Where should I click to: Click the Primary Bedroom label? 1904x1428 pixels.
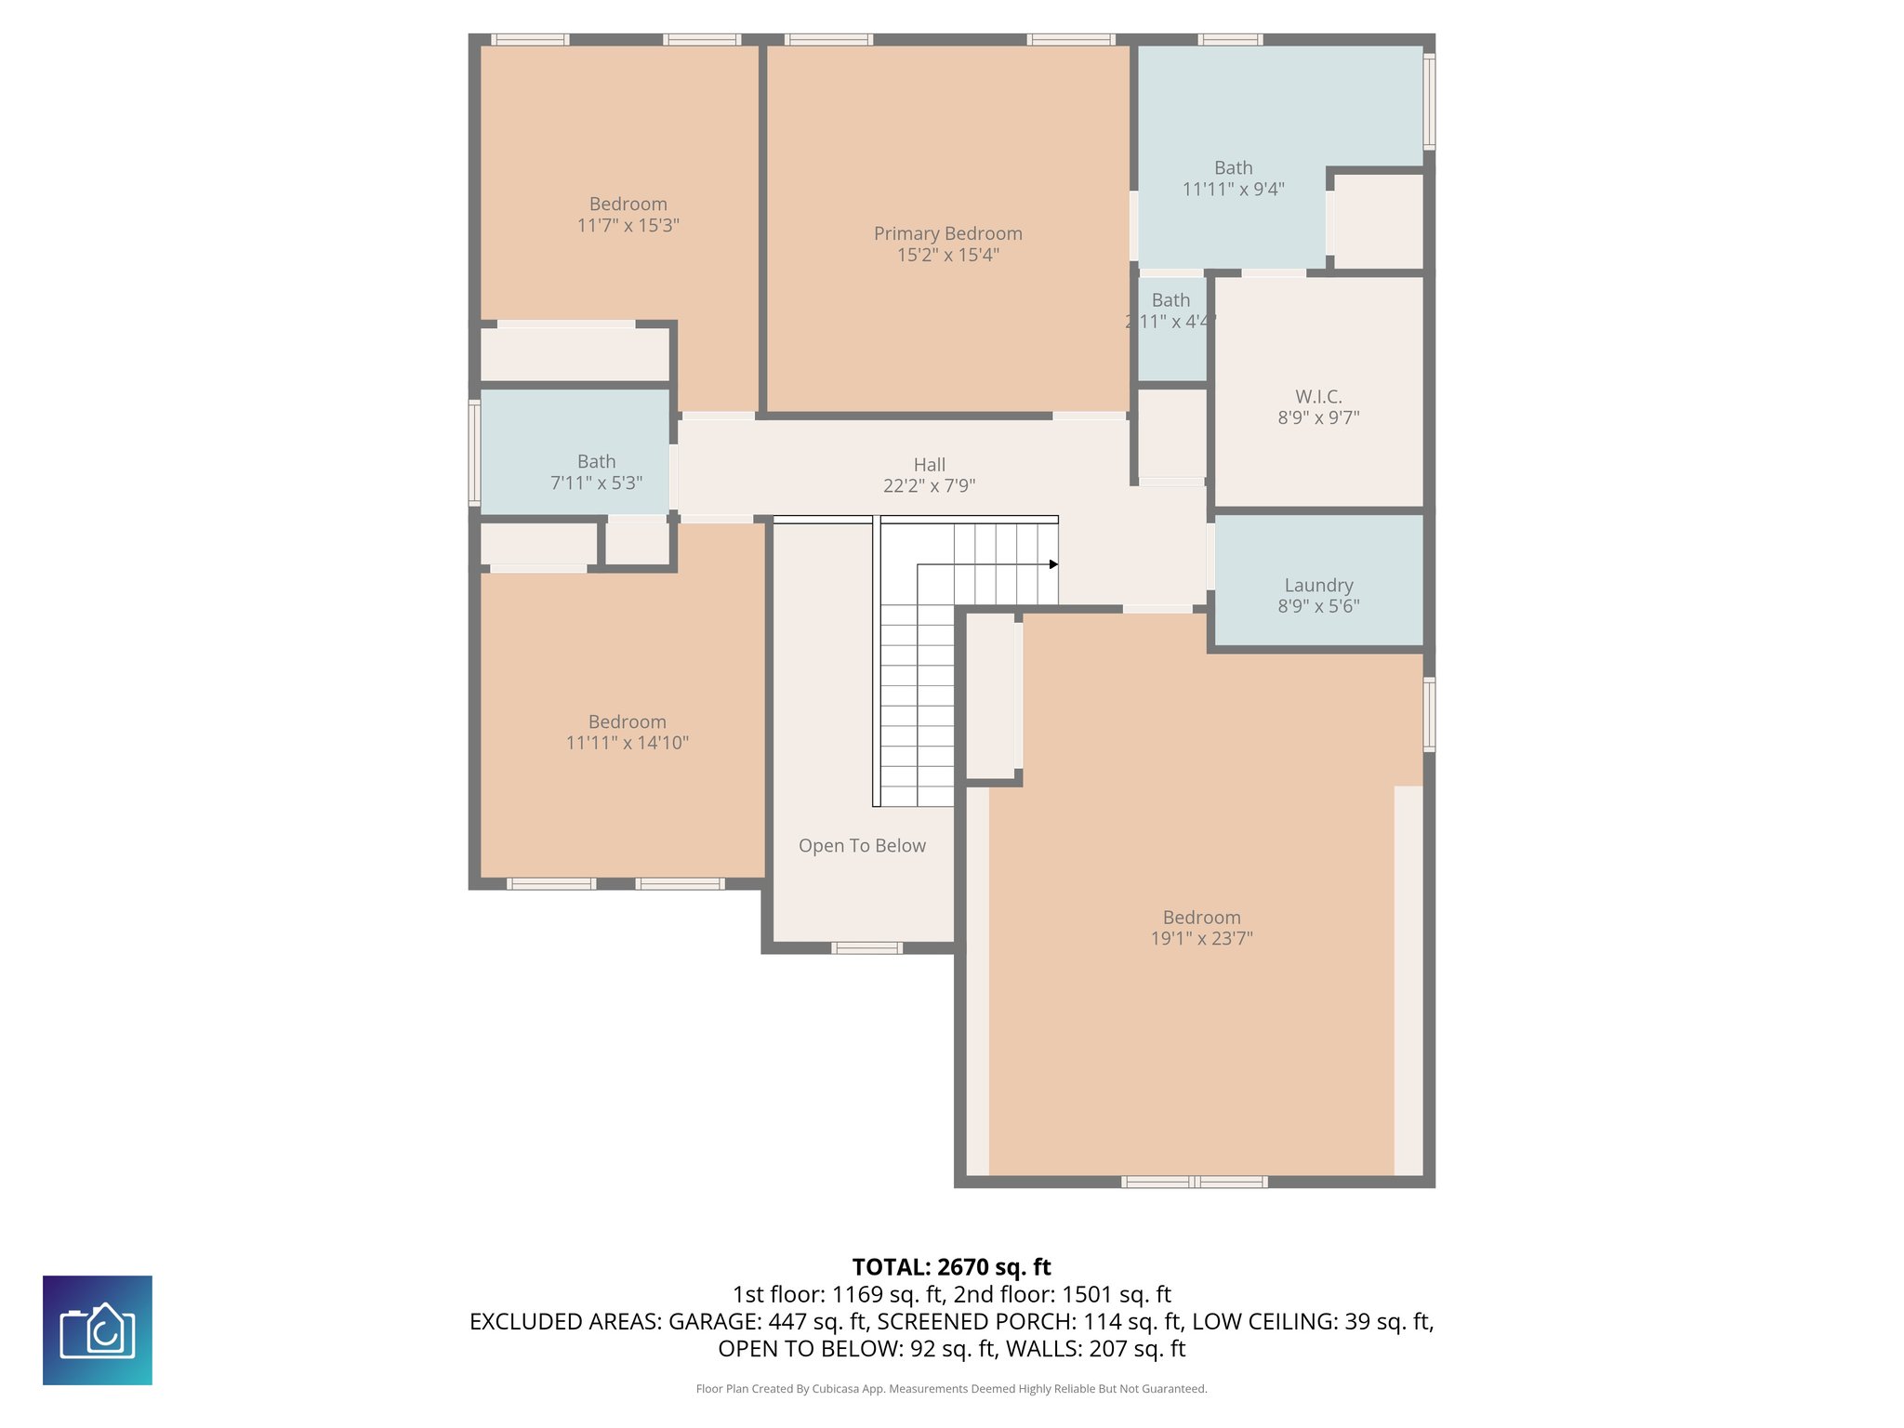point(947,233)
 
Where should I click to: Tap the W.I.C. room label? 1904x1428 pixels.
point(1318,397)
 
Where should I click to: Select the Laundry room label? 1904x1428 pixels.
point(1318,586)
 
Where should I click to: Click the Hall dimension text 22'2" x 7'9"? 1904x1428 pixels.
point(929,485)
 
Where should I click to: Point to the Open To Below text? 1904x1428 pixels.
point(862,846)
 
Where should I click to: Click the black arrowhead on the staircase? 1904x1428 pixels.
point(1053,564)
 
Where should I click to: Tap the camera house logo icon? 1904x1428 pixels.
point(98,1330)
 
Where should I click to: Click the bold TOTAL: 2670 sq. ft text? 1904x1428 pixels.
point(951,1267)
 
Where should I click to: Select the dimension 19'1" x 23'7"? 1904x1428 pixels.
point(1201,939)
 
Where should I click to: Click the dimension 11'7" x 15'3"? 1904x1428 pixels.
point(628,225)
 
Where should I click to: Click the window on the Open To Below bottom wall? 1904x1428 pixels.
point(866,948)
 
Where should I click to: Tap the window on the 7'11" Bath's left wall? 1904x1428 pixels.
point(474,453)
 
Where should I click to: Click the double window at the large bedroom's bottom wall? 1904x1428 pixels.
point(1194,1183)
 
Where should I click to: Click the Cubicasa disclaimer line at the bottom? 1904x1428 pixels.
point(951,1389)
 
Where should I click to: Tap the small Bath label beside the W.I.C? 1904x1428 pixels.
point(1170,300)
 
